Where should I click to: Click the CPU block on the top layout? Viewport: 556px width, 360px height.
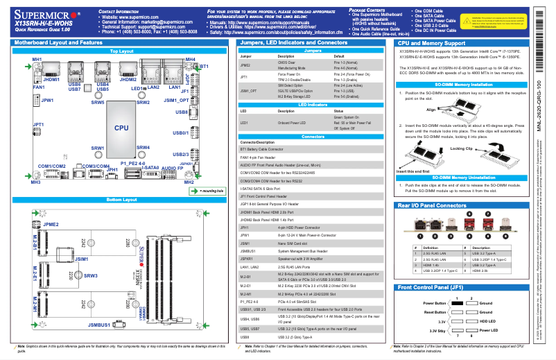pyautogui.click(x=121, y=128)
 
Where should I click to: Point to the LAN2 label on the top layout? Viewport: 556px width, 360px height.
pyautogui.click(x=153, y=87)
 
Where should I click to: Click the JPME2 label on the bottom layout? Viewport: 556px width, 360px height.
pyautogui.click(x=51, y=225)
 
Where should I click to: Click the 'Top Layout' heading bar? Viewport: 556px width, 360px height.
pyautogui.click(x=121, y=51)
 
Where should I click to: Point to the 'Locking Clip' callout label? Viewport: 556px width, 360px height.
pyautogui.click(x=461, y=148)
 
